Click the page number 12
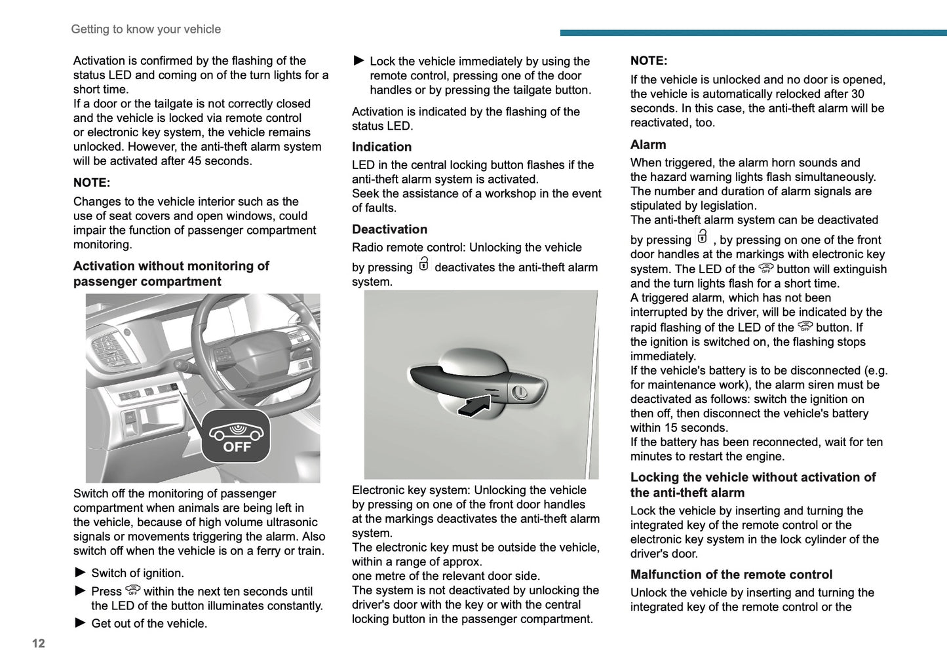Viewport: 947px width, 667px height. tap(38, 643)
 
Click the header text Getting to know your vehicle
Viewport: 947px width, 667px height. tap(145, 29)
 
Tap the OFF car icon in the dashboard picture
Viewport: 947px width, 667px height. tap(236, 436)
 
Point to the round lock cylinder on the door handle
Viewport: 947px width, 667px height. tap(519, 392)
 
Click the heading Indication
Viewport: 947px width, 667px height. tap(381, 147)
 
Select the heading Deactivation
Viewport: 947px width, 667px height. tap(389, 229)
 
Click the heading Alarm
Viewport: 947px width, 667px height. tap(647, 145)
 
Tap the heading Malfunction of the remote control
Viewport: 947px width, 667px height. tap(731, 575)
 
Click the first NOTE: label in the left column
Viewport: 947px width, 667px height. tap(92, 183)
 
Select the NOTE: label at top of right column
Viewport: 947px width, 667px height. tap(648, 61)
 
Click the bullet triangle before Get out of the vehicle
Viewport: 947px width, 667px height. tap(80, 622)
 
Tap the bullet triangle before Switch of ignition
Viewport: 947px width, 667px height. tap(80, 572)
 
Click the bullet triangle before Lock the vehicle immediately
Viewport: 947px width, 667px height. tap(358, 60)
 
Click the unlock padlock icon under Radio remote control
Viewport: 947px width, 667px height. tap(423, 264)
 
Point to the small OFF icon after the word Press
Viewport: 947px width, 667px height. tap(132, 590)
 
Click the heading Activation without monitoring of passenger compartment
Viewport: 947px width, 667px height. tap(170, 274)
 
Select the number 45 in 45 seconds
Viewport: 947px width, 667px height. tap(195, 161)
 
